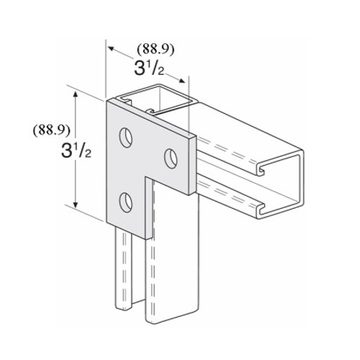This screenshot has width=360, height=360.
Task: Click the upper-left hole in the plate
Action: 127,135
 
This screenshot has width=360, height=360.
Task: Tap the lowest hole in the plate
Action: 127,199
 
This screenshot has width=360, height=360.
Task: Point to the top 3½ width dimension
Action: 150,70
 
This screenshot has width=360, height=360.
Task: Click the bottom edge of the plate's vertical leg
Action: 130,232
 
